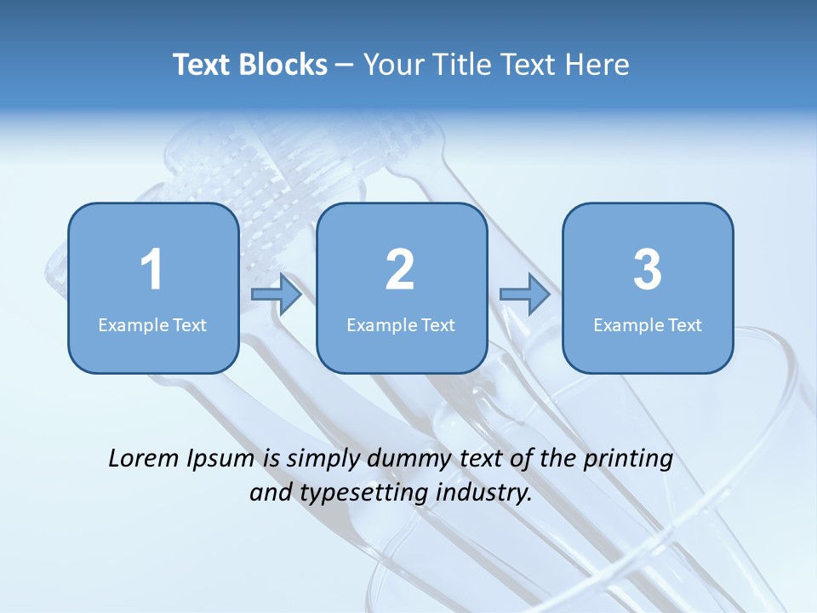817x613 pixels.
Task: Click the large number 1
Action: click(x=151, y=270)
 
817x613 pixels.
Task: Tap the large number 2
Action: click(x=400, y=270)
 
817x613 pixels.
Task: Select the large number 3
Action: click(x=648, y=270)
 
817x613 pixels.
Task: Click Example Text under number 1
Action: click(x=152, y=325)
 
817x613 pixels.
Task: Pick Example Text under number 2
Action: click(x=401, y=325)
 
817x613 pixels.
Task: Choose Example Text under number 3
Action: click(x=648, y=325)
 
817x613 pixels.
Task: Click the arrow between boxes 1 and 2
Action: click(x=277, y=295)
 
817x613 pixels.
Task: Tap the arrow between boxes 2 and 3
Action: click(x=525, y=295)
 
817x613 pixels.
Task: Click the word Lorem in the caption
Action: click(x=143, y=458)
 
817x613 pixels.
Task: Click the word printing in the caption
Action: click(x=628, y=460)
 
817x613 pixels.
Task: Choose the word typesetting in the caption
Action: click(x=357, y=493)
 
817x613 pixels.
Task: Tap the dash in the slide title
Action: click(x=345, y=66)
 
